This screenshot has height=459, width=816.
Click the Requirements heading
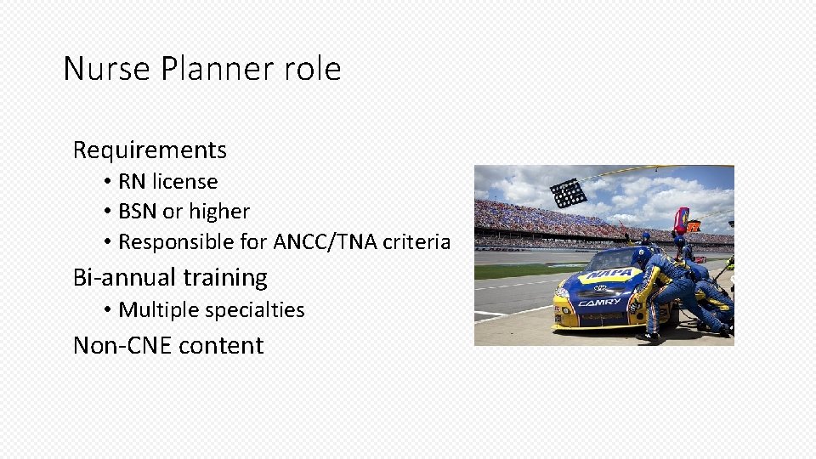(x=150, y=150)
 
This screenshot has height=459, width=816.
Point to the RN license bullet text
(x=167, y=182)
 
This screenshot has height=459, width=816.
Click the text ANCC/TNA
(x=325, y=242)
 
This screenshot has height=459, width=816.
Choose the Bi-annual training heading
(x=170, y=278)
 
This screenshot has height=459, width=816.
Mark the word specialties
(x=255, y=310)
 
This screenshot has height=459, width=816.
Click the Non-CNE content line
(x=168, y=346)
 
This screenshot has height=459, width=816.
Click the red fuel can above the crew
(x=681, y=220)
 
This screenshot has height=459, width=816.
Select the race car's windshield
(x=613, y=257)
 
